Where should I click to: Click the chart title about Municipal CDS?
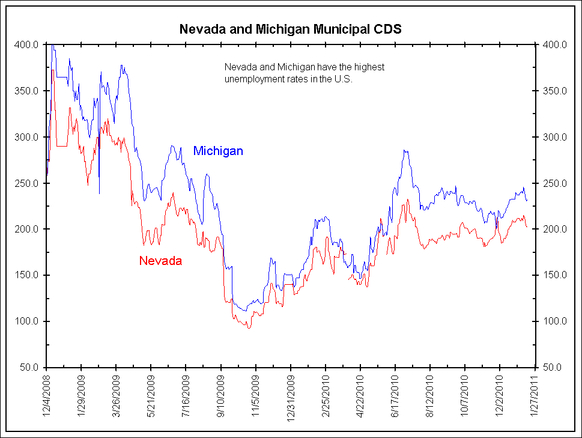pos(291,29)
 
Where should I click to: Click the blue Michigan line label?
pos(218,151)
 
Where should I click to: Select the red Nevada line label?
pos(160,261)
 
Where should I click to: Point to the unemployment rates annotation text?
pos(304,73)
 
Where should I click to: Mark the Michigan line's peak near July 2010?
pos(405,150)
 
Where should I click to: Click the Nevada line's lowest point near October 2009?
pos(248,327)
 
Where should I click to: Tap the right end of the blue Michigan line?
pos(527,201)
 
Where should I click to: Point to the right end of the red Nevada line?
pos(527,227)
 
